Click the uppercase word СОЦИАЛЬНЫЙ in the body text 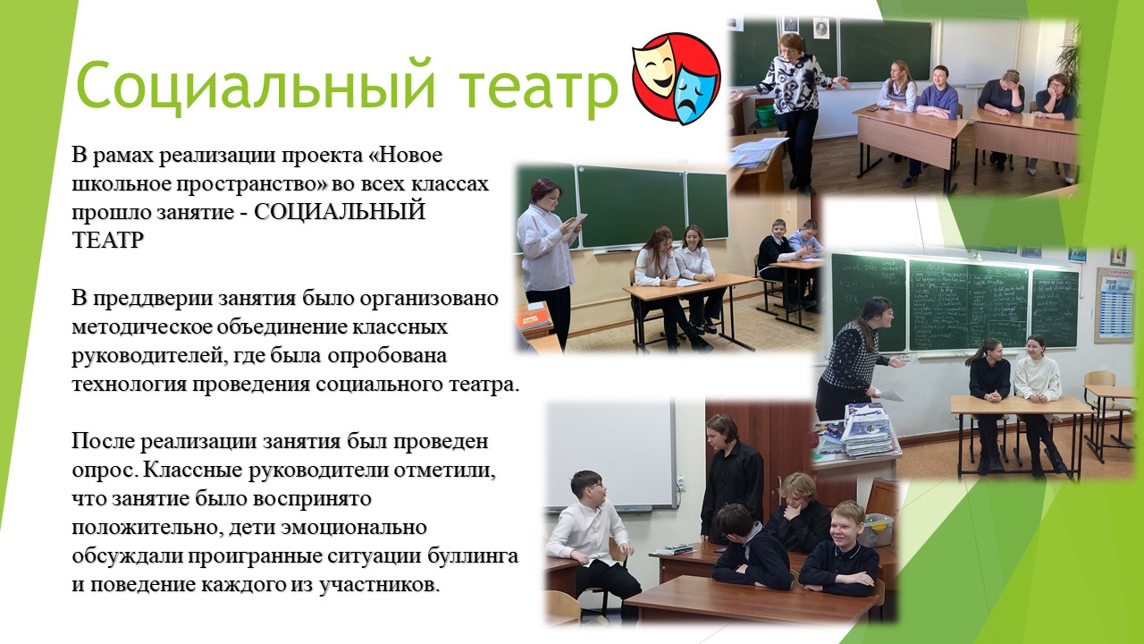[339, 212]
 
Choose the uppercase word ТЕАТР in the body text [108, 241]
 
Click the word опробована [387, 356]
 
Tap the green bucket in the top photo [766, 116]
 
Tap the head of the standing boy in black [724, 431]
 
